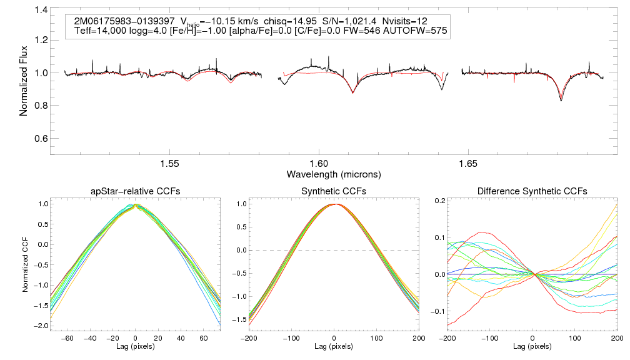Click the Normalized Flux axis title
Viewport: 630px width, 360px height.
tap(24, 78)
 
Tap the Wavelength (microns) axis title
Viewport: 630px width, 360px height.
tap(334, 173)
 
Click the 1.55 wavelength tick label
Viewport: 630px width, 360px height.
tap(170, 163)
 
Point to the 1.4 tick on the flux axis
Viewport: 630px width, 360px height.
tap(41, 11)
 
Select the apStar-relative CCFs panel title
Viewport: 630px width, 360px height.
tap(136, 191)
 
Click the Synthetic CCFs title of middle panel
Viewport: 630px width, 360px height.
tap(334, 191)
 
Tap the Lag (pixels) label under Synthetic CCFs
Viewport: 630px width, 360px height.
tap(334, 346)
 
